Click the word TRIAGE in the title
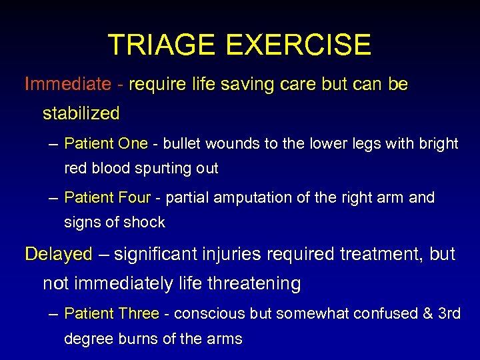[163, 45]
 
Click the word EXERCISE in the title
[298, 45]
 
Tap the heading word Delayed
[59, 254]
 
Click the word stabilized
[81, 113]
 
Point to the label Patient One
[106, 143]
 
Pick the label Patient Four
[108, 197]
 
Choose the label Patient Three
[112, 313]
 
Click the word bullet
[183, 143]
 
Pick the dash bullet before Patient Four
[54, 197]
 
